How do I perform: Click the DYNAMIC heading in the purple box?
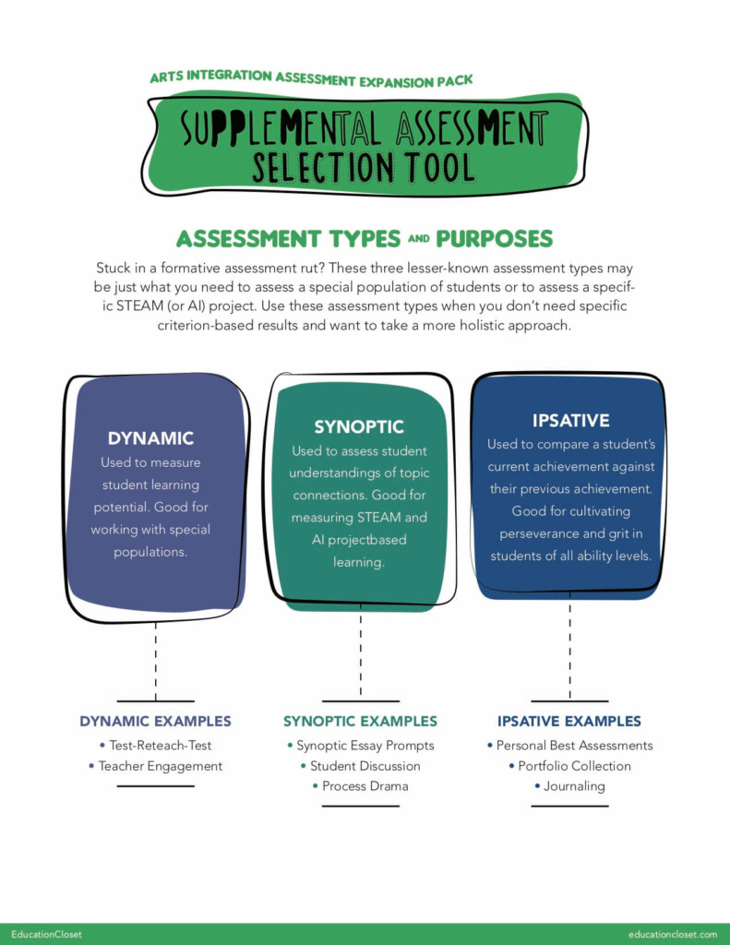pyautogui.click(x=150, y=438)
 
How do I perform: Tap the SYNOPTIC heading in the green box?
pyautogui.click(x=359, y=426)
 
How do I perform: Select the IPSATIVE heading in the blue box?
pyautogui.click(x=571, y=420)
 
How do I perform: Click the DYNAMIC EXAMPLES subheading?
pyautogui.click(x=156, y=722)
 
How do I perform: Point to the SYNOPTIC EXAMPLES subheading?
pyautogui.click(x=361, y=722)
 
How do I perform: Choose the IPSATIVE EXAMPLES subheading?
pyautogui.click(x=569, y=722)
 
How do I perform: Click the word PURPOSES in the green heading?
pyautogui.click(x=495, y=239)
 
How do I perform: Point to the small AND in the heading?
pyautogui.click(x=419, y=239)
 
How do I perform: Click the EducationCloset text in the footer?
pyautogui.click(x=46, y=934)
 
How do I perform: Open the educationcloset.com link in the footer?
pyautogui.click(x=673, y=934)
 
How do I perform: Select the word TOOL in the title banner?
pyautogui.click(x=439, y=167)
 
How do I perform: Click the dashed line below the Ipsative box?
pyautogui.click(x=569, y=646)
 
